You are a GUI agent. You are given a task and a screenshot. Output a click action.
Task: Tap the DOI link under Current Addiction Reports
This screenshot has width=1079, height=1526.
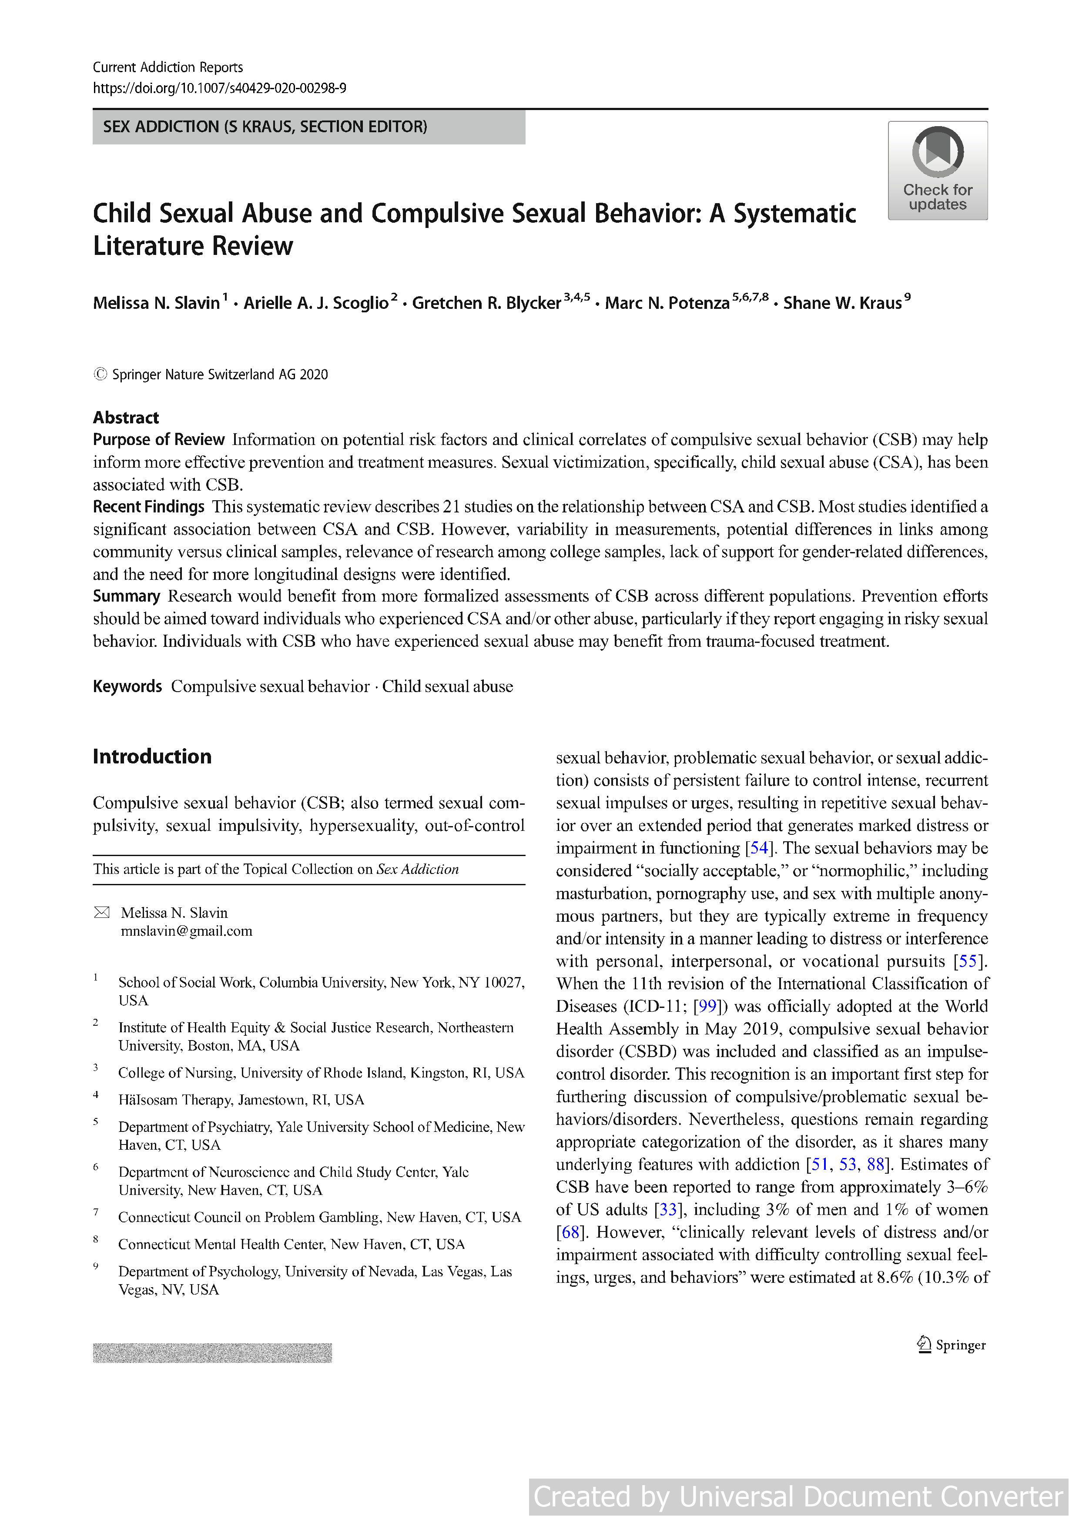(x=219, y=88)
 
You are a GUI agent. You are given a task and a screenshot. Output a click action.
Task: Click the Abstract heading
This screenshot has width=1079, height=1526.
(x=126, y=418)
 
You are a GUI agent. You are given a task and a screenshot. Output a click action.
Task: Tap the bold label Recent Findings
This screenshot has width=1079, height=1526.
(x=148, y=506)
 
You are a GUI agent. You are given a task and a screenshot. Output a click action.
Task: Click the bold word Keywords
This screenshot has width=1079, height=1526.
(x=127, y=686)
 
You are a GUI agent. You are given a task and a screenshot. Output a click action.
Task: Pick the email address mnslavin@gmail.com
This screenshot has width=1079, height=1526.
(x=186, y=930)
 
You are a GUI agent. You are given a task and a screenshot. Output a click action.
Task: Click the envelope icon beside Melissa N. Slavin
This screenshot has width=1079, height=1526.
(x=102, y=913)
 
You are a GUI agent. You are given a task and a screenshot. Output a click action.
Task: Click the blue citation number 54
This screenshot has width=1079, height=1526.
(x=758, y=848)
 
